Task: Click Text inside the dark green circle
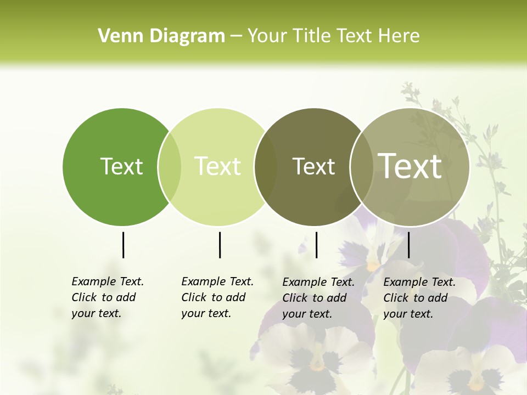pos(121,166)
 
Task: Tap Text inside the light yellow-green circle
pos(217,166)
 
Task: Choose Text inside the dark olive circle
pos(313,166)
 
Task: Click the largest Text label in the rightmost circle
pos(410,166)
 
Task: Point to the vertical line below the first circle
pos(123,245)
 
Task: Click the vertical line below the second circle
pos(220,245)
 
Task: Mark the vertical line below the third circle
pos(316,245)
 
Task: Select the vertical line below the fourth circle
pos(408,245)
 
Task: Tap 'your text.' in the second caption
pos(206,313)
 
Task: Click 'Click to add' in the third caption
pos(315,298)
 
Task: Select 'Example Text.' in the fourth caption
pos(419,282)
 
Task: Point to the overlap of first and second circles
pos(170,167)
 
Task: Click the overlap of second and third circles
pos(266,167)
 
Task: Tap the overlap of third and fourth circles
pos(362,167)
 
